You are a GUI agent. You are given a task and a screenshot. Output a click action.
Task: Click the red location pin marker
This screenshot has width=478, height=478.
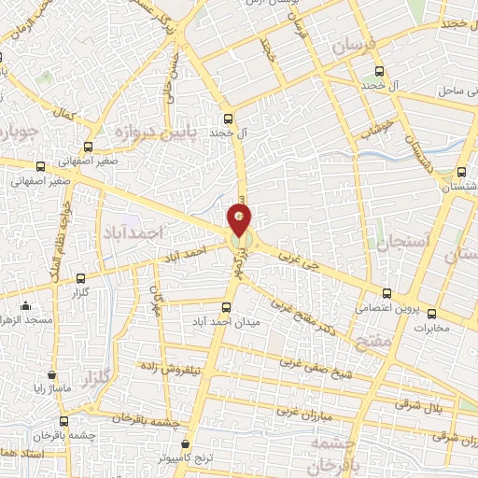(x=240, y=220)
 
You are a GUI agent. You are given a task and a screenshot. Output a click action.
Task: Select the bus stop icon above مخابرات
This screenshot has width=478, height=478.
(x=431, y=312)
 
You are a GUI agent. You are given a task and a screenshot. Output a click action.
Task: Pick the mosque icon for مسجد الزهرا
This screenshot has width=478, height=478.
(x=25, y=305)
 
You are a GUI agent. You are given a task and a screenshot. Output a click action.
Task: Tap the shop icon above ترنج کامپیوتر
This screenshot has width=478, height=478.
(x=187, y=444)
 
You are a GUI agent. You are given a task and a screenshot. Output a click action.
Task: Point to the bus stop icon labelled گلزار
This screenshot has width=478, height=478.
(x=80, y=277)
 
